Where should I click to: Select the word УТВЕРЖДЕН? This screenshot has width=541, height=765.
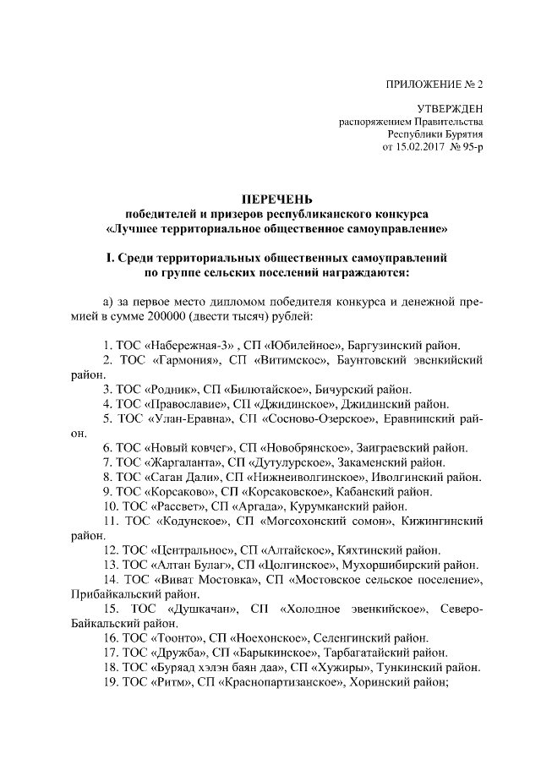451,109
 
